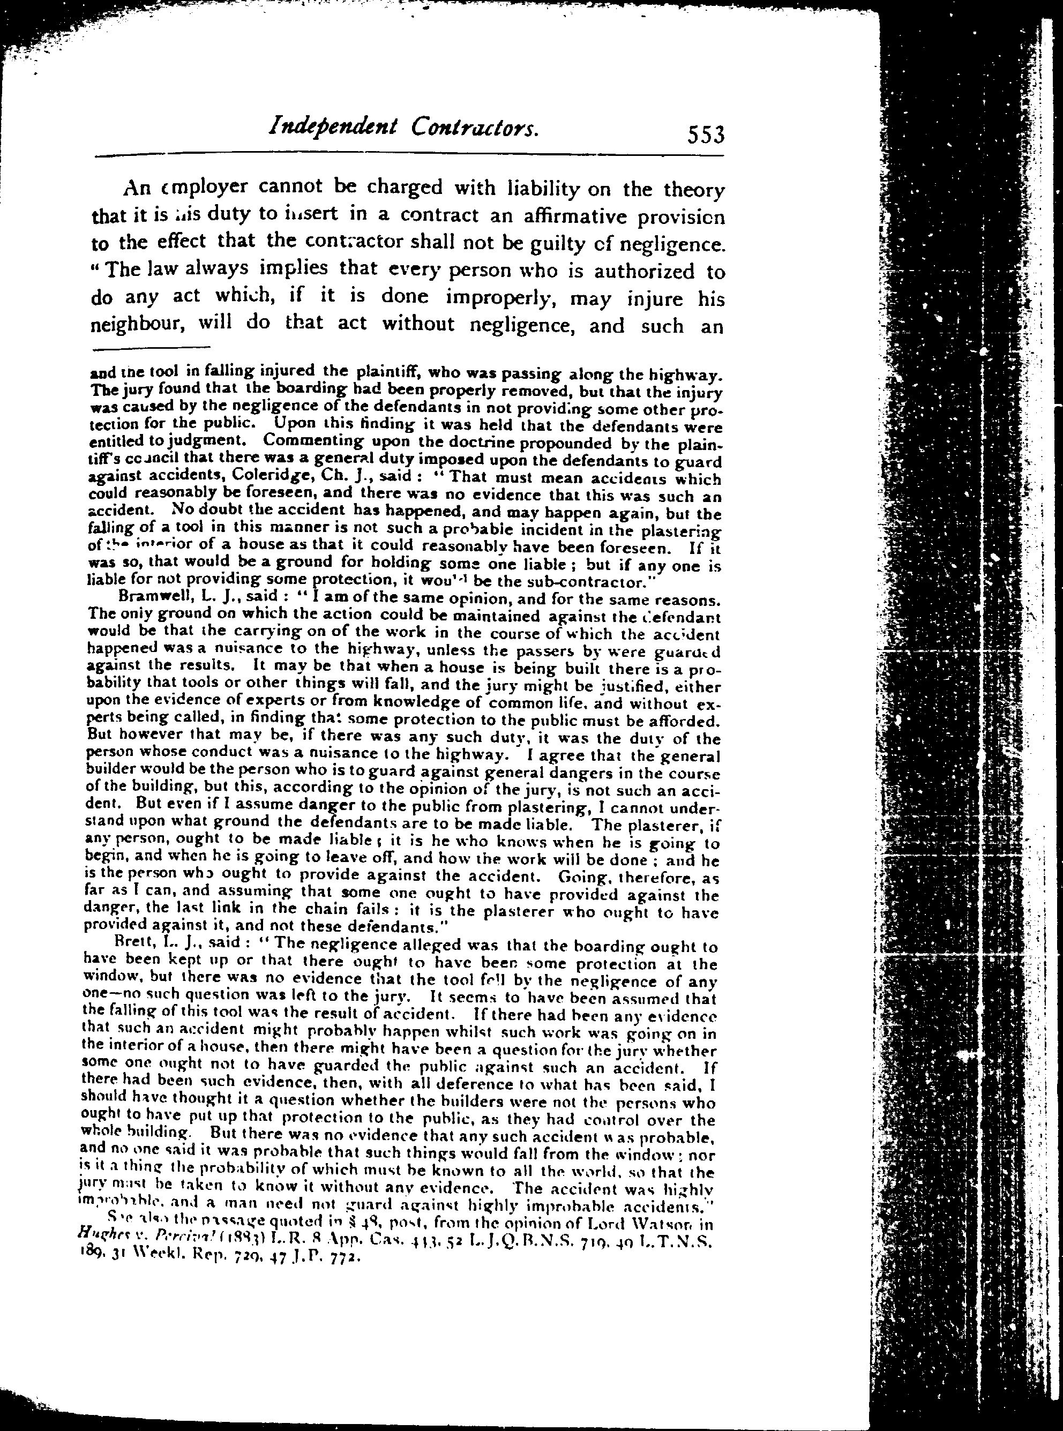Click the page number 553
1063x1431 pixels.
coord(706,136)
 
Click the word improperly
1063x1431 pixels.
coord(500,298)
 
